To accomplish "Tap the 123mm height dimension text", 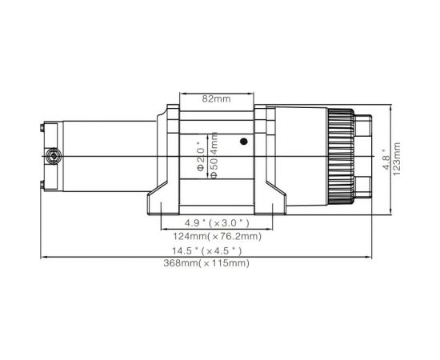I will (x=397, y=158).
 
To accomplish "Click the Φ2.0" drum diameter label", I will (x=200, y=150).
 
